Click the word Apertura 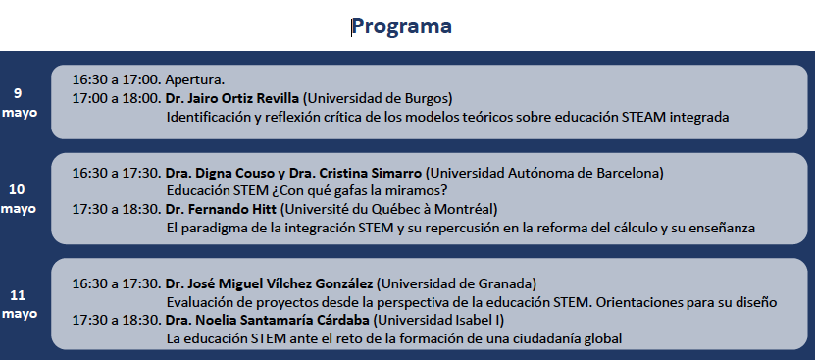194,78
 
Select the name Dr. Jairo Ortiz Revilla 231,98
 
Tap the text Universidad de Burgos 378,98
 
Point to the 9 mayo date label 18,102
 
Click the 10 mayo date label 18,199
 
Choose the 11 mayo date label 18,303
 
